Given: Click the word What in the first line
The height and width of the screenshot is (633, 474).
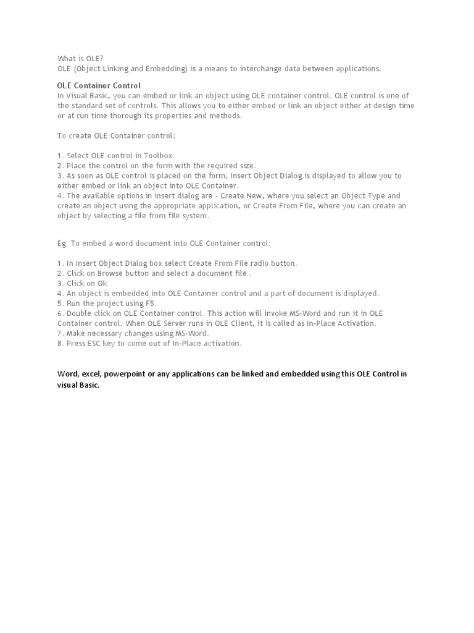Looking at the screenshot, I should pyautogui.click(x=67, y=59).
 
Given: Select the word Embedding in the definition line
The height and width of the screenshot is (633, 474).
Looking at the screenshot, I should pyautogui.click(x=165, y=69).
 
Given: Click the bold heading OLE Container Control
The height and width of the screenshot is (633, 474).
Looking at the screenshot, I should pyautogui.click(x=99, y=85).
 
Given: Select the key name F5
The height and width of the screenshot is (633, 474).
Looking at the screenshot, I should pyautogui.click(x=151, y=304).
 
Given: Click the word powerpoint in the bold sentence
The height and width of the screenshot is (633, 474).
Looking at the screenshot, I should pyautogui.click(x=125, y=374).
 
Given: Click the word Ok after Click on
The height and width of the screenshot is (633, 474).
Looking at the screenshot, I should pyautogui.click(x=102, y=283).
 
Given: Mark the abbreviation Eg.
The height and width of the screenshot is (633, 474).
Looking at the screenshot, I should pyautogui.click(x=62, y=244).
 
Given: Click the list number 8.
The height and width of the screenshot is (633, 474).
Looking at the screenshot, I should pyautogui.click(x=60, y=343).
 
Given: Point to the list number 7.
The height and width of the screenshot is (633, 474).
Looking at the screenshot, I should pyautogui.click(x=60, y=333).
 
